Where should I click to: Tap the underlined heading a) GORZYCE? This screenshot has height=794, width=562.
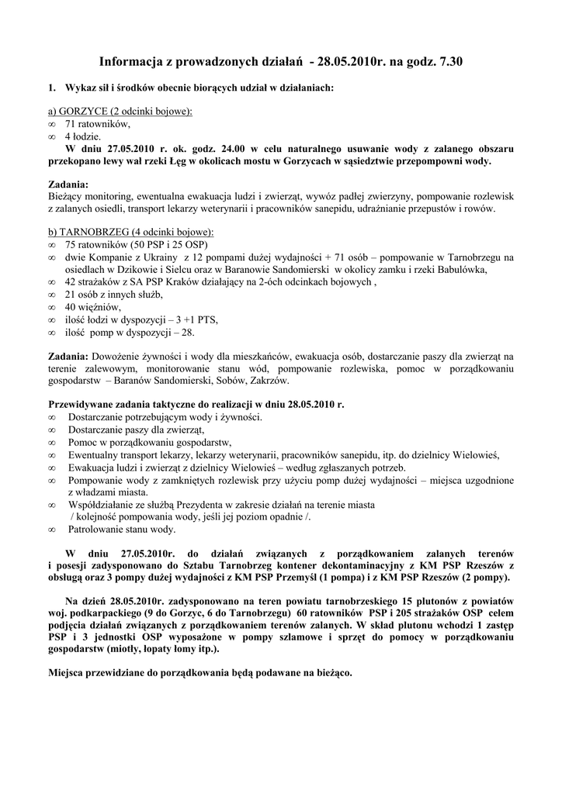point(120,112)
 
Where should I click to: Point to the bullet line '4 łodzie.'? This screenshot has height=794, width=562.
point(83,136)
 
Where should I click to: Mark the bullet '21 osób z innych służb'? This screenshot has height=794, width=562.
point(113,295)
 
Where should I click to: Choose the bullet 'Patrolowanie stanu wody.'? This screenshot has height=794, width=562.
point(120,530)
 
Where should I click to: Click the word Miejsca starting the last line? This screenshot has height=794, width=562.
point(68,672)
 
